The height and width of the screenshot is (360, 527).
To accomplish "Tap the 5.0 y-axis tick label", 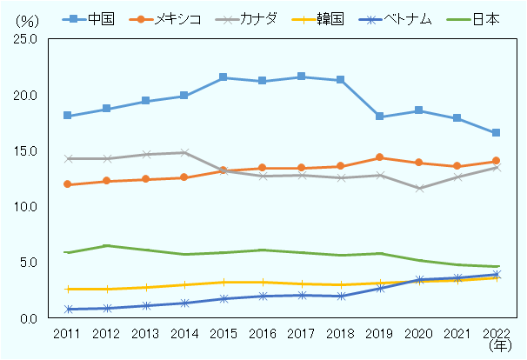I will tap(26, 263).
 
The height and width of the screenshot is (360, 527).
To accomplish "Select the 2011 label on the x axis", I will tap(67, 334).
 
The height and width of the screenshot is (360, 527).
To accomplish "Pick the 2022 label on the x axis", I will tap(496, 334).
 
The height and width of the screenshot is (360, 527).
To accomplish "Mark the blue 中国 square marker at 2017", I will tap(301, 77).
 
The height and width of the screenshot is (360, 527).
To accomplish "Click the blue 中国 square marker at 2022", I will tap(496, 133).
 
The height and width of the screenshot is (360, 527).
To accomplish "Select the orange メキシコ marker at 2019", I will tap(379, 157).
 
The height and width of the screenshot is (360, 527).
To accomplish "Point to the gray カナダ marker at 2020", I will tap(418, 188).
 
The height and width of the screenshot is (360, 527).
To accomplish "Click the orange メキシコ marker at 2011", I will tap(67, 184).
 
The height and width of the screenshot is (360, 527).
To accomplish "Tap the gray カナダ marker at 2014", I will tap(184, 153).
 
